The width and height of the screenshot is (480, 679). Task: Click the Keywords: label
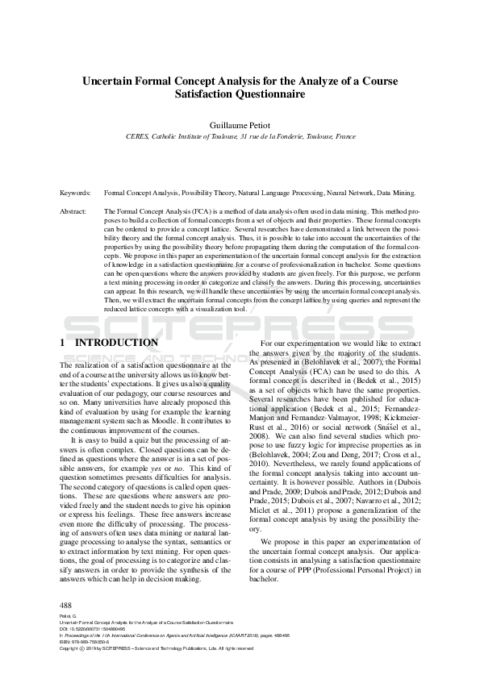[x=74, y=194]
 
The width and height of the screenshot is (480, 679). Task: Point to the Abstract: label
[x=74, y=210]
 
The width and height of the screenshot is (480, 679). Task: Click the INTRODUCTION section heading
[x=118, y=343]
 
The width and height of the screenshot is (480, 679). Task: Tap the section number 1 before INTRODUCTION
[x=63, y=343]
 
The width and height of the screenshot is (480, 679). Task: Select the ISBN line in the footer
[x=86, y=641]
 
